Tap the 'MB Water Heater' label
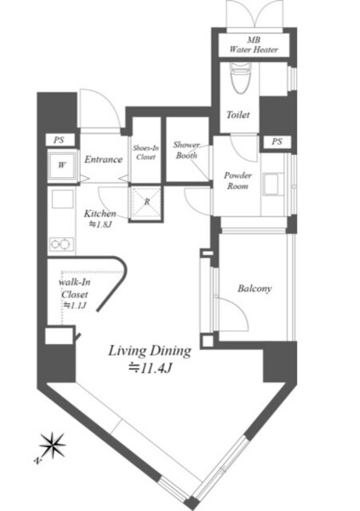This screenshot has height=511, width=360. tap(254, 45)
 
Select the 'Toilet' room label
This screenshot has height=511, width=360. tap(238, 115)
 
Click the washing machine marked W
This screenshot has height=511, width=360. tap(62, 165)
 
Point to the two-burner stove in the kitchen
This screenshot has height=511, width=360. tap(61, 244)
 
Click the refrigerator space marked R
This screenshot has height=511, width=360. tap(146, 202)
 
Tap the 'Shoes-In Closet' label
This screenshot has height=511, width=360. tap(146, 152)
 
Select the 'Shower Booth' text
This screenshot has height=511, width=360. tap(186, 150)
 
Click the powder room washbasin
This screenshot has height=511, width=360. tap(271, 185)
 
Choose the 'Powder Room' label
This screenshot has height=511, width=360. tap(237, 181)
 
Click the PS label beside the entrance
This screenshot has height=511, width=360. tap(59, 141)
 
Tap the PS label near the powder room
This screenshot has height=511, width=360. tap(277, 141)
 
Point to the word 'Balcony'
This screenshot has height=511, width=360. tap(254, 289)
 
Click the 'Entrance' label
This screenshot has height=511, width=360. tap(103, 159)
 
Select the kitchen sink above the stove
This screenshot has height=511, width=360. tap(61, 198)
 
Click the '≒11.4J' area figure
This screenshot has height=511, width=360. tap(150, 368)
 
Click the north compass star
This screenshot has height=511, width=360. tap(52, 445)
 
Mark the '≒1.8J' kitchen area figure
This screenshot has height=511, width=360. tap(100, 224)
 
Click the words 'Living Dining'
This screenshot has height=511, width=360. tap(150, 351)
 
